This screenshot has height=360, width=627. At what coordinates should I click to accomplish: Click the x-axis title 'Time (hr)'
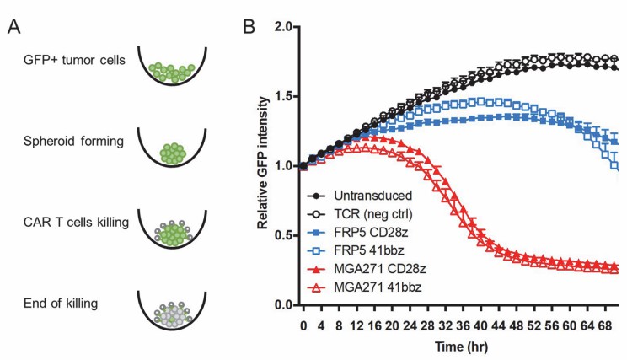pos(456,347)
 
